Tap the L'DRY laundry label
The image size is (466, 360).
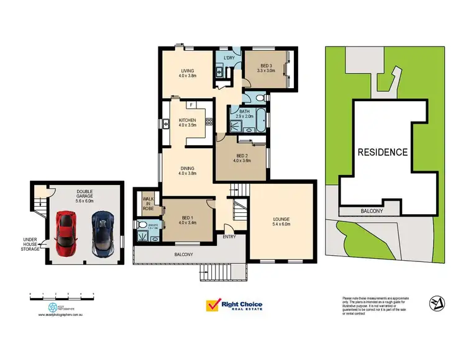tap(229, 58)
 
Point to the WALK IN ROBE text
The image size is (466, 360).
tap(148, 202)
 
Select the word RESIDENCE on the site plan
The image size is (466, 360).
tap(382, 151)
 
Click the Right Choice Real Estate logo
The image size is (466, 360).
tap(234, 306)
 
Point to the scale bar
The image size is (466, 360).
tap(62, 297)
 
